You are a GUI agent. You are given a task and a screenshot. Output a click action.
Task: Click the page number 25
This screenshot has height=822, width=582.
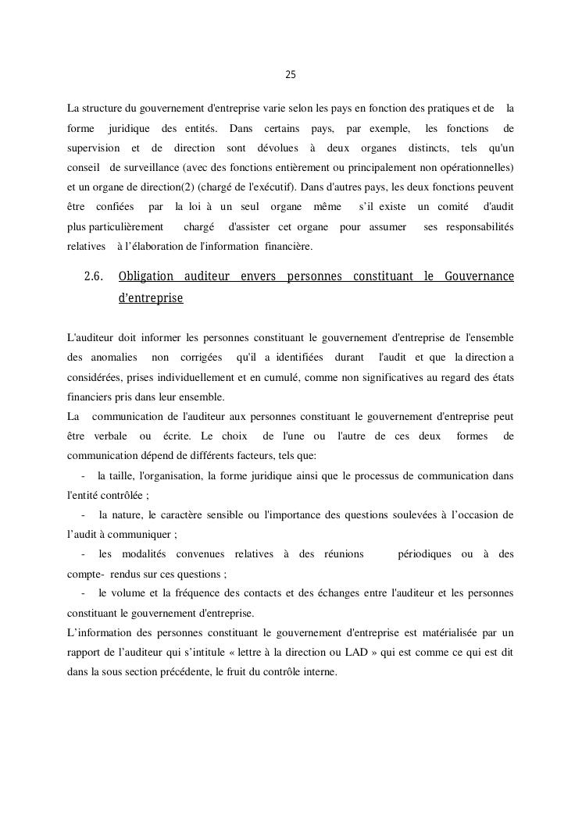(x=291, y=75)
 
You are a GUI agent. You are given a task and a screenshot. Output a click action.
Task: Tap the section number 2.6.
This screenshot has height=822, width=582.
(x=94, y=277)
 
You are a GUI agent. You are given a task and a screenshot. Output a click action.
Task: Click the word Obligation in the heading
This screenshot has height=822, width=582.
(x=146, y=277)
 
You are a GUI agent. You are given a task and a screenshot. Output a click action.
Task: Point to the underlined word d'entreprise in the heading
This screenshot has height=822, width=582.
(x=151, y=297)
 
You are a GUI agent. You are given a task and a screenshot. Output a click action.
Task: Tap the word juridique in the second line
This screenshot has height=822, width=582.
(x=129, y=128)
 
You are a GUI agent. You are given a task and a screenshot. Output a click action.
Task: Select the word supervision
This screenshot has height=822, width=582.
(x=94, y=148)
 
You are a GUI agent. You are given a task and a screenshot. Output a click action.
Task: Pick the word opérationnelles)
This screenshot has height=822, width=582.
(x=475, y=168)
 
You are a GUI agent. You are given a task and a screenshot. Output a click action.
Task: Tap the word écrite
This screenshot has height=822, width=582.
(x=183, y=436)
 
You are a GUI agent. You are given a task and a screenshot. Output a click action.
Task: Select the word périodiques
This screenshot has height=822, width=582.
(x=424, y=553)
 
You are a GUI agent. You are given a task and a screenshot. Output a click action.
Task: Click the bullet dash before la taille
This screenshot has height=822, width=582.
(x=83, y=475)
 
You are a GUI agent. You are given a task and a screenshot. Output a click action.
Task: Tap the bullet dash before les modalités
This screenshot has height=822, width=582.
(x=83, y=553)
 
